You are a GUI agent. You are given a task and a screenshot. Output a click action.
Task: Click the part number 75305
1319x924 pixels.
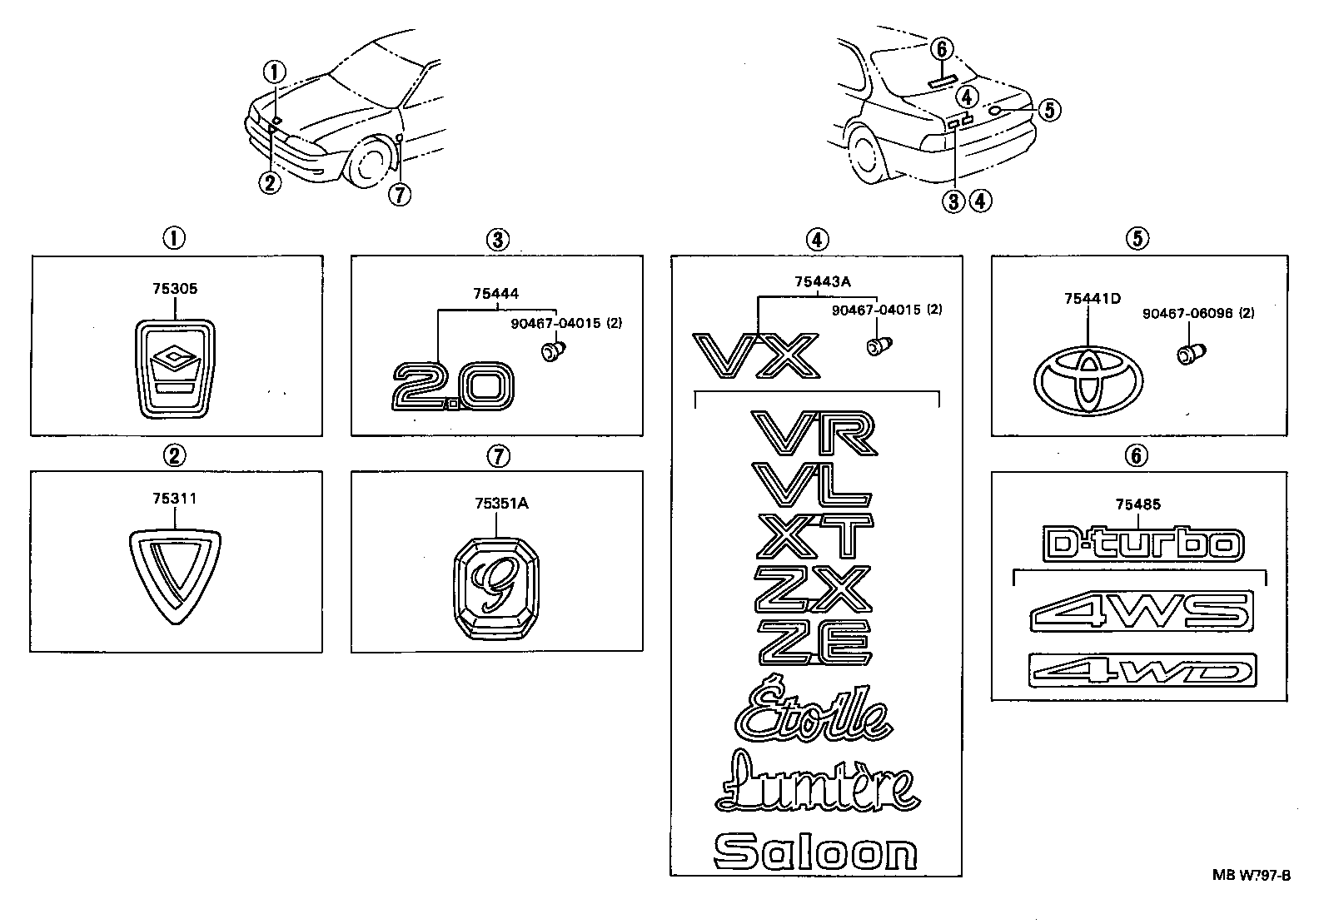tap(175, 289)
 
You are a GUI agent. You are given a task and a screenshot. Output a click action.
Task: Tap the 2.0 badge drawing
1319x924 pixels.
tap(454, 385)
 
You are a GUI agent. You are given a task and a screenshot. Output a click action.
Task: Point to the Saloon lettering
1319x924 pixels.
tap(816, 852)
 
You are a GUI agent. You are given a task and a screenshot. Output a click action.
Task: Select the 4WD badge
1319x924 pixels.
tap(1142, 671)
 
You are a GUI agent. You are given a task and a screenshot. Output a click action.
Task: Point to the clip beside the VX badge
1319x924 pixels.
tap(876, 345)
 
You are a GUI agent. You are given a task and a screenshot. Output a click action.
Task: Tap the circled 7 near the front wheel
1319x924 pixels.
tap(400, 195)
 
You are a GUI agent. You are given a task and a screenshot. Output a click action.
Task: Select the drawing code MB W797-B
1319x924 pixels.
tap(1251, 876)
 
